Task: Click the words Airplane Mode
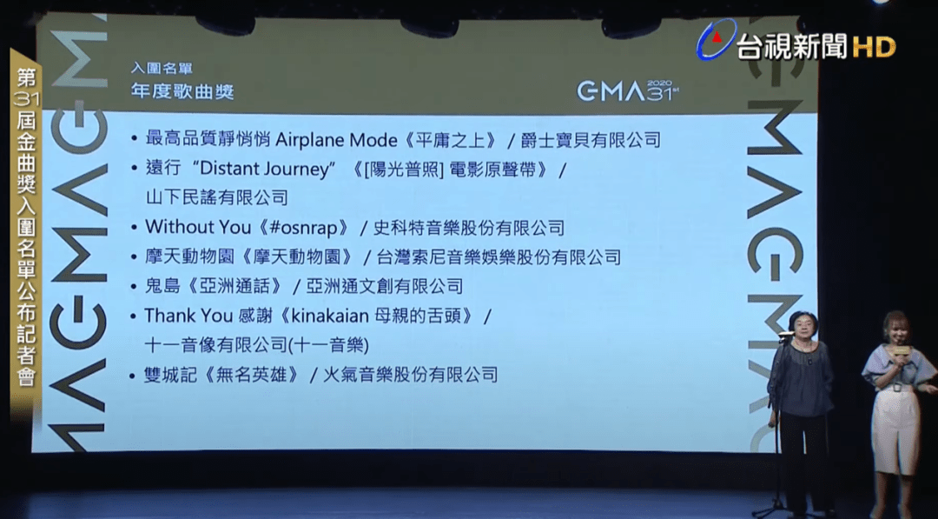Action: (x=335, y=140)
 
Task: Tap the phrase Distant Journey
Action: (x=264, y=170)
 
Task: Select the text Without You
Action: (x=198, y=228)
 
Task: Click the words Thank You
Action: (x=180, y=316)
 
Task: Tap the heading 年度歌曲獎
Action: (x=182, y=91)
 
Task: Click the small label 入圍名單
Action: (x=162, y=69)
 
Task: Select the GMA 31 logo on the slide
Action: (x=628, y=90)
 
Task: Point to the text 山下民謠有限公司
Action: (x=216, y=197)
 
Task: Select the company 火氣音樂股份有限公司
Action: (x=410, y=375)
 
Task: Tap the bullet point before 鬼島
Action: (x=134, y=286)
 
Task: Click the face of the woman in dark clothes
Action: (x=802, y=329)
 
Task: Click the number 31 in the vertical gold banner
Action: (x=26, y=99)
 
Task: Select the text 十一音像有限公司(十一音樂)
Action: (x=256, y=345)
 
